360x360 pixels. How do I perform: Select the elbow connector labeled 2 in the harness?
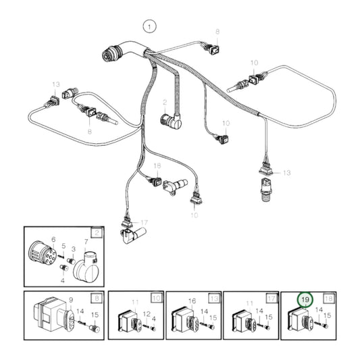[x=170, y=121]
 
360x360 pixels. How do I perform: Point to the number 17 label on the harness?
[x=143, y=222]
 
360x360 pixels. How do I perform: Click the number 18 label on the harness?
[x=157, y=165]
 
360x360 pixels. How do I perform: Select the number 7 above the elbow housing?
[x=86, y=241]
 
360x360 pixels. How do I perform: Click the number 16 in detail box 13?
[x=192, y=301]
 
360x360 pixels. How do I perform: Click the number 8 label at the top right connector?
[x=217, y=32]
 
